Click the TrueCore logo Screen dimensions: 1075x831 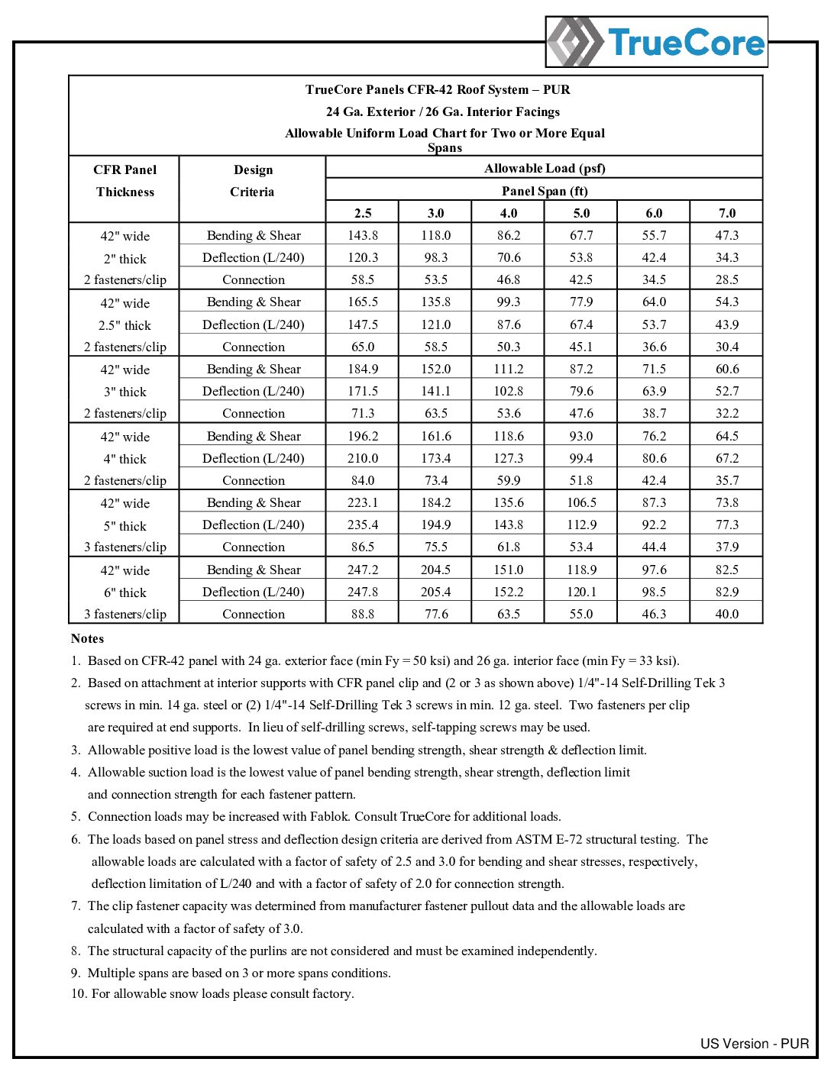pos(657,42)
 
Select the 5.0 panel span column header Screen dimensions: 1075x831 pos(581,213)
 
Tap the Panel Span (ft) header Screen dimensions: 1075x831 pos(544,191)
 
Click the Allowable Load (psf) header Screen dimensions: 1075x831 pos(544,168)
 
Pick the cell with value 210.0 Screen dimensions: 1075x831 pos(363,458)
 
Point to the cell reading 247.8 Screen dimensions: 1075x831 pos(363,592)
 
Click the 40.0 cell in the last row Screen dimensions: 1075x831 pos(726,614)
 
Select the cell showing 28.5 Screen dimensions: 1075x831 pos(726,279)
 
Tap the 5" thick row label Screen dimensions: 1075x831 pos(125,526)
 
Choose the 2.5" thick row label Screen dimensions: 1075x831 pos(125,325)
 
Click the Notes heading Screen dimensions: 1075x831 pos(87,638)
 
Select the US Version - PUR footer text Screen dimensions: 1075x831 pos(754,1044)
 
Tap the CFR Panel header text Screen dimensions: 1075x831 pos(125,169)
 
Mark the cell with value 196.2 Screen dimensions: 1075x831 pos(363,436)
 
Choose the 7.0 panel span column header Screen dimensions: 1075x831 pos(726,213)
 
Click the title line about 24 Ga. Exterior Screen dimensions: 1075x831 pos(443,111)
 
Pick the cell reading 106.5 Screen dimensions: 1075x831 pos(581,502)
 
